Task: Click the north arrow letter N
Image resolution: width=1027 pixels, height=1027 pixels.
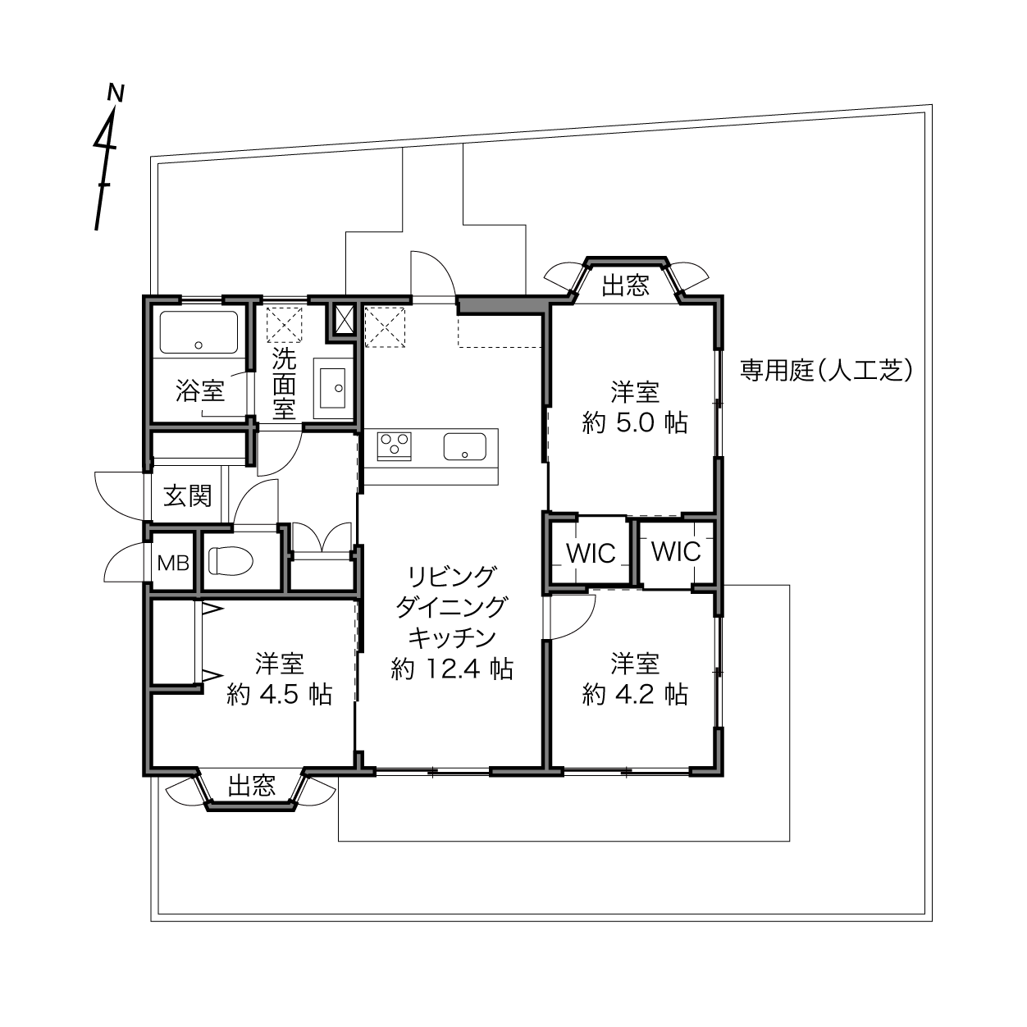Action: pyautogui.click(x=116, y=93)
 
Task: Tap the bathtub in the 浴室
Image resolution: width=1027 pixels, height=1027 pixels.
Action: pyautogui.click(x=199, y=332)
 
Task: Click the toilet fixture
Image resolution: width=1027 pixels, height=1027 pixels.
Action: pyautogui.click(x=231, y=561)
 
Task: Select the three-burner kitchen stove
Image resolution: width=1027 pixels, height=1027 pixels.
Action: pyautogui.click(x=395, y=445)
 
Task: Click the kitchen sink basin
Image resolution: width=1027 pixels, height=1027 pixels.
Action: pyautogui.click(x=465, y=446)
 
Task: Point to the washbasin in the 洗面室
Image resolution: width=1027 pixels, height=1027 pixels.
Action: pyautogui.click(x=332, y=388)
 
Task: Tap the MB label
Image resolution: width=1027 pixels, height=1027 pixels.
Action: pyautogui.click(x=174, y=563)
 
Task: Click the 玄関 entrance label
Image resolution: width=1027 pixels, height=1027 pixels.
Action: pyautogui.click(x=188, y=496)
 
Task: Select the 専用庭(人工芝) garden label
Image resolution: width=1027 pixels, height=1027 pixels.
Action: pyautogui.click(x=827, y=371)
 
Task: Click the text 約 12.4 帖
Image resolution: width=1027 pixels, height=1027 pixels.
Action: pyautogui.click(x=452, y=669)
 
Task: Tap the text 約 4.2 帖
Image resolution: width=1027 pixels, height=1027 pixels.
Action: pyautogui.click(x=635, y=695)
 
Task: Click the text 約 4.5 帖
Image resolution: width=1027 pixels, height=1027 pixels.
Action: pyautogui.click(x=279, y=695)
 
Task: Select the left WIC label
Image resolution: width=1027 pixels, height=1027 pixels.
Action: pyautogui.click(x=591, y=554)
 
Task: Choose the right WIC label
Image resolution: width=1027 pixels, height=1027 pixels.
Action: pyautogui.click(x=676, y=551)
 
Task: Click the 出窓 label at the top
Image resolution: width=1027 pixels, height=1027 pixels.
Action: pyautogui.click(x=626, y=285)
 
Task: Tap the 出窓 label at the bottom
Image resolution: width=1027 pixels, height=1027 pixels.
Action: pyautogui.click(x=252, y=786)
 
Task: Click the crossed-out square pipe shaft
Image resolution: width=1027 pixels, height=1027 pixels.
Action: pyautogui.click(x=343, y=320)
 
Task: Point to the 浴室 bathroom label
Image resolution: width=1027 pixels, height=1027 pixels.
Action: pyautogui.click(x=200, y=392)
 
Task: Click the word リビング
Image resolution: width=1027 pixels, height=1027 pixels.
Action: pyautogui.click(x=451, y=577)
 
